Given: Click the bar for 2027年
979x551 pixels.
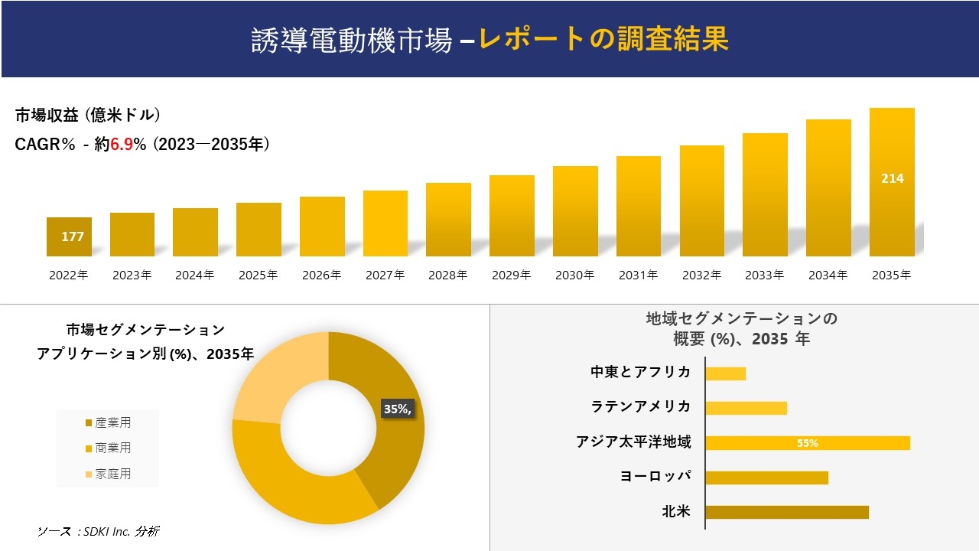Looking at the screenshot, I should pos(385,223).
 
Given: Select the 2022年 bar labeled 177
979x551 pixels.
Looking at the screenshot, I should pos(69,237).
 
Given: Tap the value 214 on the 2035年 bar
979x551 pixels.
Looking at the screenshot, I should pos(892,178).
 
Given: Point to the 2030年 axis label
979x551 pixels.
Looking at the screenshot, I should pos(574,275).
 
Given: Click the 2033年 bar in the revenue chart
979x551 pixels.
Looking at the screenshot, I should pos(765,195).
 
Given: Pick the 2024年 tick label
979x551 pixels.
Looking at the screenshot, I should pos(195,275).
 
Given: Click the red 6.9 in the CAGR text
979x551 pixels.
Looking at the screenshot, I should pos(122,145).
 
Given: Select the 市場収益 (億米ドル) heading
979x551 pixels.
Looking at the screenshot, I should pos(88,116).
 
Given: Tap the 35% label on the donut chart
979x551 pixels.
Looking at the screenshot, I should pos(397,409).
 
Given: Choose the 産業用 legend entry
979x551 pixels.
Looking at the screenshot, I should pos(108,422).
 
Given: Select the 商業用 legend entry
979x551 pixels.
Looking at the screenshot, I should pos(108,448).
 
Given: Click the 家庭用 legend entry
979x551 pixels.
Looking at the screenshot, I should pos(108,474).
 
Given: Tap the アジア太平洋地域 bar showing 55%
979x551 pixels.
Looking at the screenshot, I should pos(807,443).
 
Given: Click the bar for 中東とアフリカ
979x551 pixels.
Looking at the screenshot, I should pos(725,373).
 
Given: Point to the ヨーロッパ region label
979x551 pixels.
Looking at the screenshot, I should pos(655,476).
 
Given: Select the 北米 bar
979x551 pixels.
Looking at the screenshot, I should pos(786,512).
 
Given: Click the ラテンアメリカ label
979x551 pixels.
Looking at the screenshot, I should pos(641,406).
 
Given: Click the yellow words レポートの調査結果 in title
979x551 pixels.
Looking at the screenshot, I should pos(603,40).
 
